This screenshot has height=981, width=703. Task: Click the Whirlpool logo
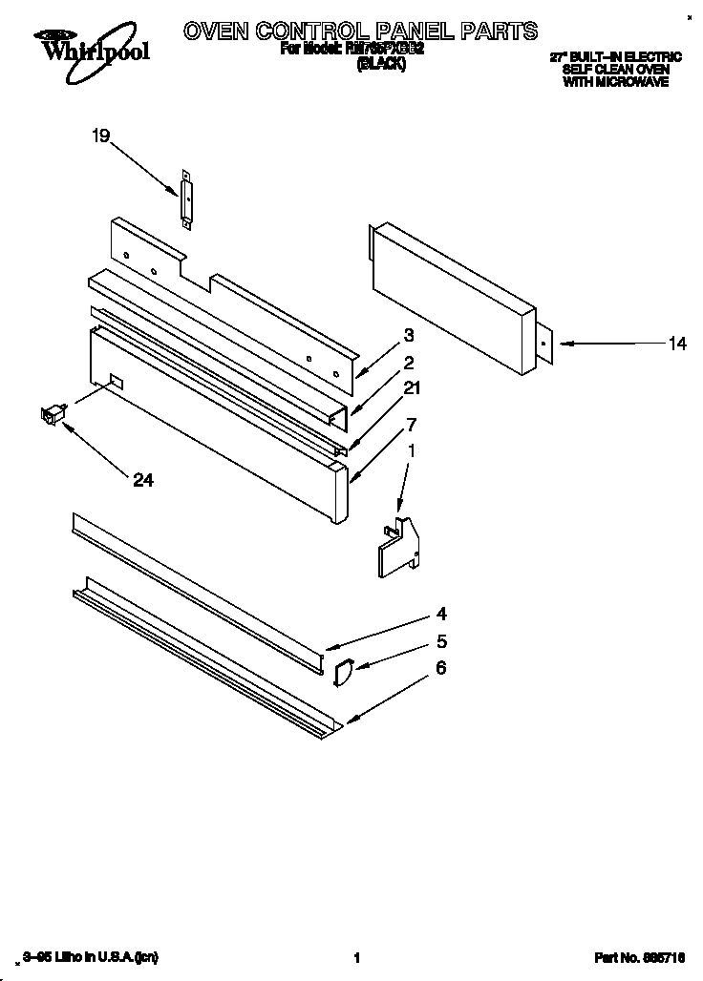tap(91, 46)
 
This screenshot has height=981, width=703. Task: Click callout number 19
tap(101, 136)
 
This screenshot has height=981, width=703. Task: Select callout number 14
tap(676, 344)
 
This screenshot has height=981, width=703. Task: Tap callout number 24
tap(142, 481)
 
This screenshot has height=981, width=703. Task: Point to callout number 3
tap(408, 335)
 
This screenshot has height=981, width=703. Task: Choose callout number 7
tap(411, 423)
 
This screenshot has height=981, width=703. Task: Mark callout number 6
tap(440, 668)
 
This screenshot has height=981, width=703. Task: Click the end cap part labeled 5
tap(344, 672)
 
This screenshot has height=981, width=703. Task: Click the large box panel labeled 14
tap(449, 296)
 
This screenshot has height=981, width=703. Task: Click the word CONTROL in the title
tap(325, 31)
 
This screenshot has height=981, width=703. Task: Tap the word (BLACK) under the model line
tap(381, 64)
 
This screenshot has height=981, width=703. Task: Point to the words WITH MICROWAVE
tap(615, 82)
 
